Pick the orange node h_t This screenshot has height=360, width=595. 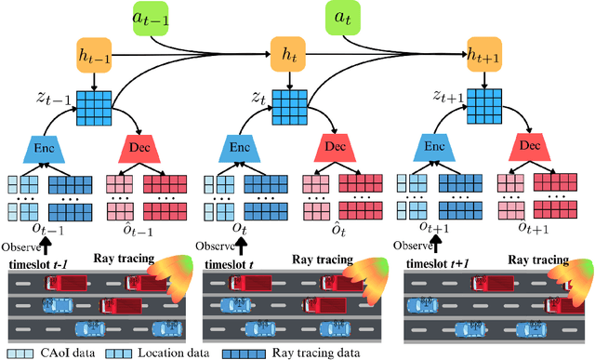(x=288, y=60)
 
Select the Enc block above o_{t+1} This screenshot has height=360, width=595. (x=434, y=146)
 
